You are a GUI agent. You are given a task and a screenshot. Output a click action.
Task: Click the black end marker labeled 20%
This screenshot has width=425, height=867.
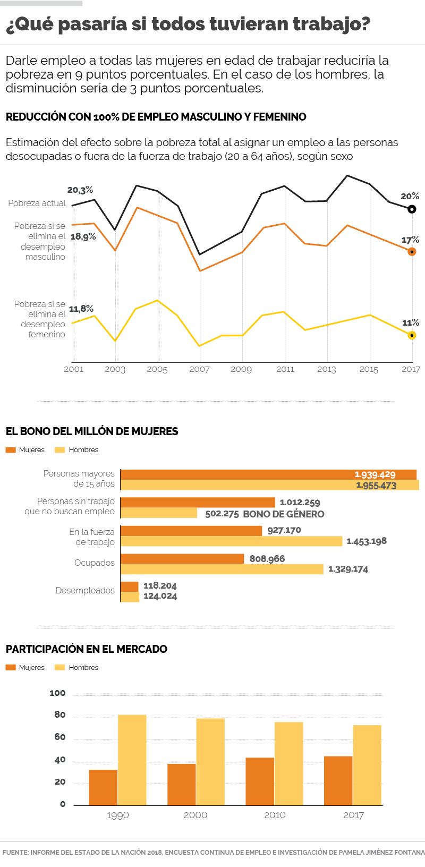411,209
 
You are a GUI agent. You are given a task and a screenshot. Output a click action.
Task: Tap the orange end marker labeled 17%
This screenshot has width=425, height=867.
411,251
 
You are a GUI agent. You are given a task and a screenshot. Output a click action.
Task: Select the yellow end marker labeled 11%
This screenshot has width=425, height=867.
411,335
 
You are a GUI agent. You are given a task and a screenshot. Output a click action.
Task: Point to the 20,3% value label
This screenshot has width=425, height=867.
80,190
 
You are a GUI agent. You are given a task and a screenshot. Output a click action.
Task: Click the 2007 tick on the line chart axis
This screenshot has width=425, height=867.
200,369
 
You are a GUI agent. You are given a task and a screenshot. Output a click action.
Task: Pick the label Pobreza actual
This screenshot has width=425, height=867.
37,203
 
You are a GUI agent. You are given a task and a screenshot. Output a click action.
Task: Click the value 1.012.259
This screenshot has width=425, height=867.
300,502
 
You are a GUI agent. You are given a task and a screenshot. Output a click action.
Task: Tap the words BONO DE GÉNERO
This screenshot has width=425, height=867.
283,514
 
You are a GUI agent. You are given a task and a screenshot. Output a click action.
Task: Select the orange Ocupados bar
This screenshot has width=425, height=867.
182,559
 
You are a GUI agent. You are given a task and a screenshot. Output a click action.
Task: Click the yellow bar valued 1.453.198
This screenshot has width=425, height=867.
232,541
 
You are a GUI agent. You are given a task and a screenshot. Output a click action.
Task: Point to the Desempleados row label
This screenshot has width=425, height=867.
85,590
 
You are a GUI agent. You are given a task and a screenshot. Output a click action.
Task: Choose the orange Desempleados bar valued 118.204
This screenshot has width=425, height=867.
129,586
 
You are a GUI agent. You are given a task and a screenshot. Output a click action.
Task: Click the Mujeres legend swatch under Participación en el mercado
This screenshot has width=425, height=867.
11,667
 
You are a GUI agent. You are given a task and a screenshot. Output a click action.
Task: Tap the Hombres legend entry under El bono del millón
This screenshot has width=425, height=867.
76,449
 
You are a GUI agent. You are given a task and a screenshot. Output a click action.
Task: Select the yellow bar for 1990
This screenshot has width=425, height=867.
132,760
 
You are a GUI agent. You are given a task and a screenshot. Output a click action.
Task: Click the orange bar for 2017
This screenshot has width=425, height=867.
338,780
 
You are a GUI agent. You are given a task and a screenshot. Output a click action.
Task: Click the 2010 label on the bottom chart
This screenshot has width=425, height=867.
275,815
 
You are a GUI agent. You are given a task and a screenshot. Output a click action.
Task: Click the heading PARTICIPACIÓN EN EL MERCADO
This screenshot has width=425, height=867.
86,649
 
